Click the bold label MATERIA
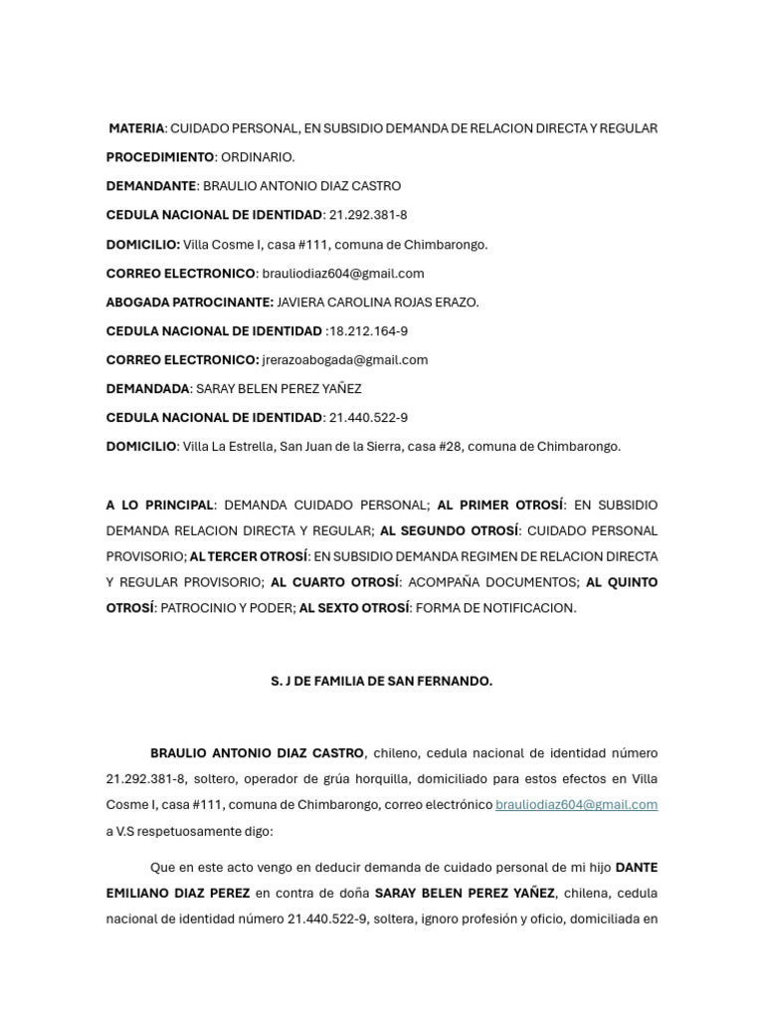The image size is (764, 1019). pos(136,128)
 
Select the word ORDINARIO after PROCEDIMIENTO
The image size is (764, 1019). pos(258,157)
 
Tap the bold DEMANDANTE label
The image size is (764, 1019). pos(151,186)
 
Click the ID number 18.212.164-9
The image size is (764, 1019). pos(370,331)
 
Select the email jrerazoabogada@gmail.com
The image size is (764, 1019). pos(345,360)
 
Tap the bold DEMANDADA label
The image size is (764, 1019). pos(147,389)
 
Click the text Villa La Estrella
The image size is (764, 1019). pos(227,447)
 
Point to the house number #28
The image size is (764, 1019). pos(451,447)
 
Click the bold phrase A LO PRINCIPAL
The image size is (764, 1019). pos(159,505)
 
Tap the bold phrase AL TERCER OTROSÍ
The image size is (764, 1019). pos(249,556)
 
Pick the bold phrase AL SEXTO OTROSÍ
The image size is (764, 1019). pos(355,608)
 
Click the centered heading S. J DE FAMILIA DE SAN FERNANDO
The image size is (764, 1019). pos(382,682)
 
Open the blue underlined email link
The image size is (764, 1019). pos(576,805)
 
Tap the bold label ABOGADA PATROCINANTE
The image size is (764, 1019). pos(189,303)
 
